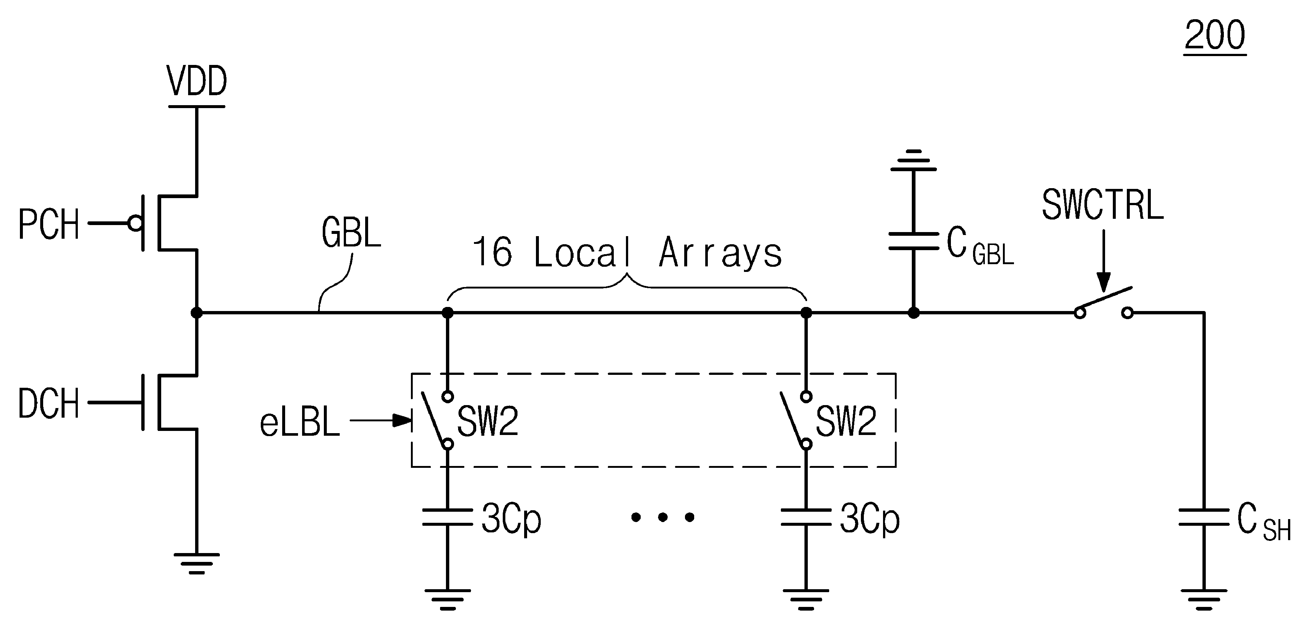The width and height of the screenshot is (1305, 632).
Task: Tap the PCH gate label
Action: (49, 224)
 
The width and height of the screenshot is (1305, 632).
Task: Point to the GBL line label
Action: (351, 232)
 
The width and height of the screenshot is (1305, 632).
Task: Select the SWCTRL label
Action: (1102, 205)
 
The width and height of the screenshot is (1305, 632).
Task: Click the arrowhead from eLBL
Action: (403, 420)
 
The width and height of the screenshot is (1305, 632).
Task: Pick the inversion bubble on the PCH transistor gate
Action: (135, 223)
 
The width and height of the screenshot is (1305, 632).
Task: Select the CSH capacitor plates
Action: (1204, 517)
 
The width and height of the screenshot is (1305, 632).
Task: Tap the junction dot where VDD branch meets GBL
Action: (197, 313)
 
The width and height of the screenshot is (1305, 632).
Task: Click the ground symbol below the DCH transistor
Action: (197, 563)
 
